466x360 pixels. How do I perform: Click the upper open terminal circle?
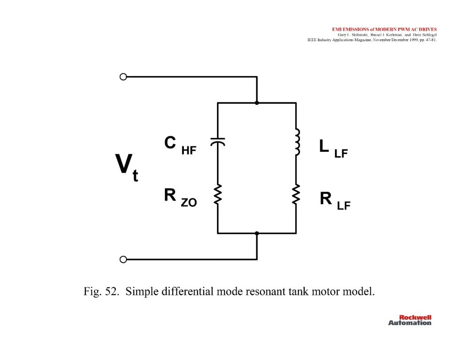click(x=123, y=77)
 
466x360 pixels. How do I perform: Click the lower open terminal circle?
click(x=123, y=259)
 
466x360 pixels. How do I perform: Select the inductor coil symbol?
click(x=297, y=142)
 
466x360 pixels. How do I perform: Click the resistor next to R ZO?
click(x=217, y=194)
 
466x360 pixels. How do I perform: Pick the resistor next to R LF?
click(x=296, y=194)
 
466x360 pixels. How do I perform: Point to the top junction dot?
click(x=257, y=103)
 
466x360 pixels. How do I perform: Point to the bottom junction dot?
click(x=257, y=234)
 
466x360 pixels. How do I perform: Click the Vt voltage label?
click(x=127, y=167)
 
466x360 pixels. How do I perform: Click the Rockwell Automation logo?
click(x=409, y=320)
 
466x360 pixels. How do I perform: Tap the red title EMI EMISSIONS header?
click(x=384, y=29)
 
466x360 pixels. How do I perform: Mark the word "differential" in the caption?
click(x=188, y=291)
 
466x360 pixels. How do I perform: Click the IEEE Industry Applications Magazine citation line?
click(x=372, y=40)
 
